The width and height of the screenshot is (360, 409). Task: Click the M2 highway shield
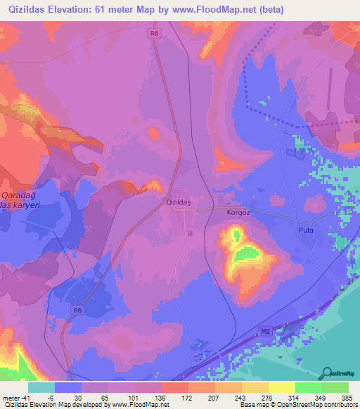(265, 330)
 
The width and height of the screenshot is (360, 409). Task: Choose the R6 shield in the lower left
(77, 309)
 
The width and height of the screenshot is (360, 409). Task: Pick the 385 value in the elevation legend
(346, 396)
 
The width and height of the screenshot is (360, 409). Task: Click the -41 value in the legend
(25, 396)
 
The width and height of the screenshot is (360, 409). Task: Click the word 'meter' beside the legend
(11, 396)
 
